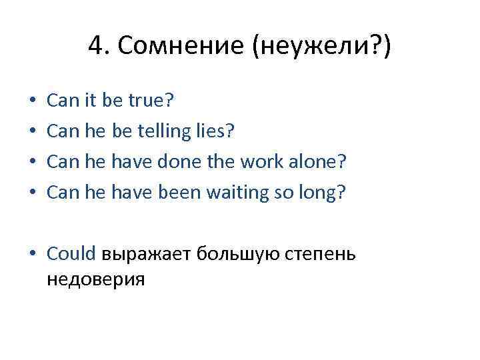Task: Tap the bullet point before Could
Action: [32, 255]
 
